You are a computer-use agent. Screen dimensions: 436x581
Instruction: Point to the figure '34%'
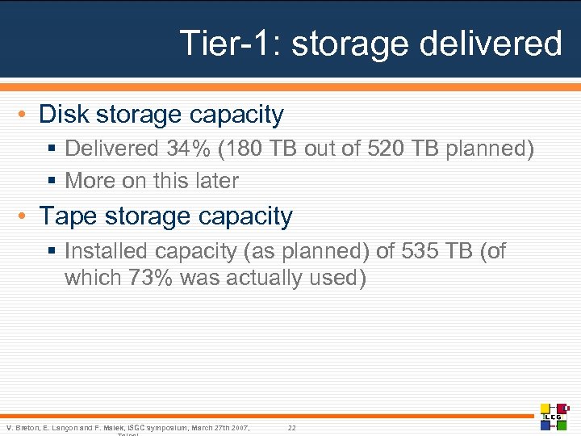187,149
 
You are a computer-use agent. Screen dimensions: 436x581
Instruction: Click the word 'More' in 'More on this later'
90,181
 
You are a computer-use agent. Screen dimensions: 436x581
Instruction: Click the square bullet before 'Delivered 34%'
55,149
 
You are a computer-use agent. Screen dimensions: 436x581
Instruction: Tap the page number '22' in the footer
292,427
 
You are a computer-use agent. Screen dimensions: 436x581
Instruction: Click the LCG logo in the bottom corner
554,416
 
